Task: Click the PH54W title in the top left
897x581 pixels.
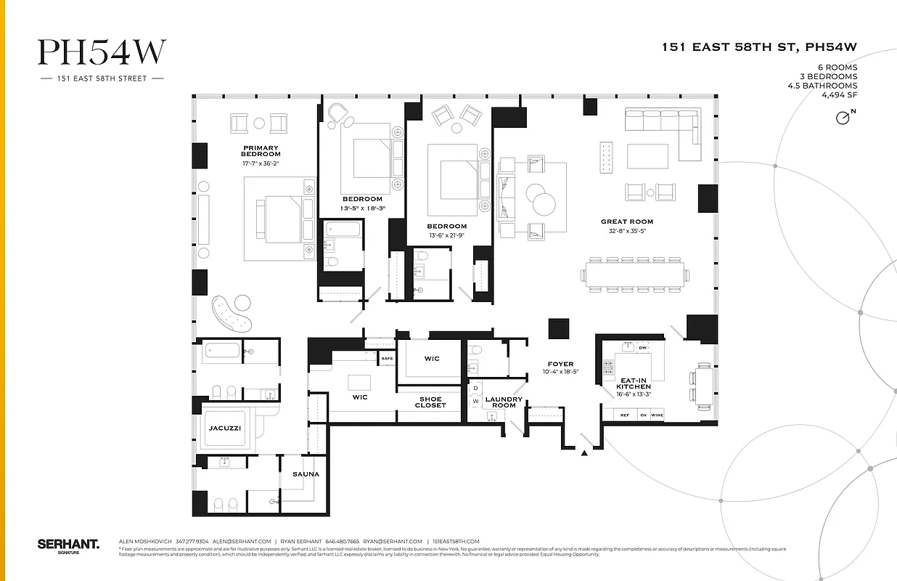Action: click(x=102, y=52)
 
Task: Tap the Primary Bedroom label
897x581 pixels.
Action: click(x=261, y=151)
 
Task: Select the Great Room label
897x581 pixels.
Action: click(x=626, y=222)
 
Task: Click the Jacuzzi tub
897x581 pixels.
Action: click(x=224, y=428)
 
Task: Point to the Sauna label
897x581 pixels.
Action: click(x=306, y=474)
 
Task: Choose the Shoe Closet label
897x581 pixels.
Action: click(x=430, y=402)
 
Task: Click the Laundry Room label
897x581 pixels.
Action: click(x=504, y=402)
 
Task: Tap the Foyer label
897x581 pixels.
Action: click(x=560, y=364)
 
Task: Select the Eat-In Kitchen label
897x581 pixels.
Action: click(x=633, y=383)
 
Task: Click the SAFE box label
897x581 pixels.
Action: click(x=387, y=358)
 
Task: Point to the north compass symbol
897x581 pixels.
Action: click(x=844, y=117)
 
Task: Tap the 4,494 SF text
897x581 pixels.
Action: click(x=839, y=95)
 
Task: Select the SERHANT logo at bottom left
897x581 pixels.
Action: click(x=67, y=544)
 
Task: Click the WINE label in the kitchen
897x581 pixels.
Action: click(x=657, y=415)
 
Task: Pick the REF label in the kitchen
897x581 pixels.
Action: click(x=623, y=415)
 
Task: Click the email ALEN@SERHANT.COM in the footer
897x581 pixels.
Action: click(x=242, y=541)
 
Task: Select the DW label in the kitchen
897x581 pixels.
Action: click(x=642, y=348)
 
